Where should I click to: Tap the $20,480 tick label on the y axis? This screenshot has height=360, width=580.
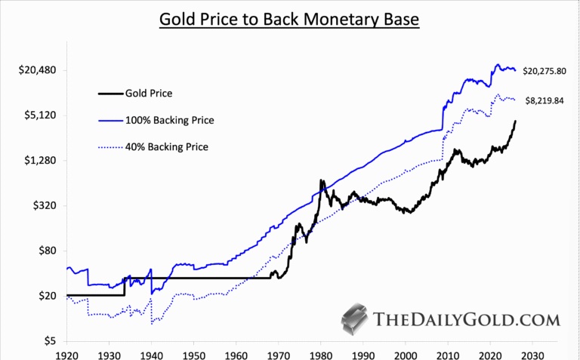click(x=38, y=70)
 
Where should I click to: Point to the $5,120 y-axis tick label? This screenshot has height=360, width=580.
click(x=41, y=115)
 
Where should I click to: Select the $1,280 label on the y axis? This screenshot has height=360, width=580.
click(x=41, y=161)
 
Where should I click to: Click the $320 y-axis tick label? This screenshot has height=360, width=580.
click(x=45, y=205)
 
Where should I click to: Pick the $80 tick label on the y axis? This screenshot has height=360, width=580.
click(x=48, y=251)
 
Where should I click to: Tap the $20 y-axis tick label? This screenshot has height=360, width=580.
click(x=48, y=296)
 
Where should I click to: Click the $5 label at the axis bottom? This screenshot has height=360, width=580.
click(x=51, y=340)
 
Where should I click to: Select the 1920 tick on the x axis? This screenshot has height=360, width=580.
click(x=67, y=353)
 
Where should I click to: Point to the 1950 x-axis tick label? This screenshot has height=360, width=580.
click(x=194, y=353)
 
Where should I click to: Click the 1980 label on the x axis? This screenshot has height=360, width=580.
click(x=321, y=353)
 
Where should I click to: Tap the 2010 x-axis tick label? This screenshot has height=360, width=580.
click(x=448, y=353)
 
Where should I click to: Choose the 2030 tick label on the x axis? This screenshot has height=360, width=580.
click(x=532, y=353)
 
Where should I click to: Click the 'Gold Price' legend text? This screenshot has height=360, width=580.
click(x=149, y=94)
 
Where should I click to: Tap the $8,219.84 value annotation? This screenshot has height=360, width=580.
click(x=545, y=100)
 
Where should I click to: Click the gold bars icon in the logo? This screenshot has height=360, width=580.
click(x=354, y=320)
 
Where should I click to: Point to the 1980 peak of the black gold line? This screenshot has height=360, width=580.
click(x=322, y=181)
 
